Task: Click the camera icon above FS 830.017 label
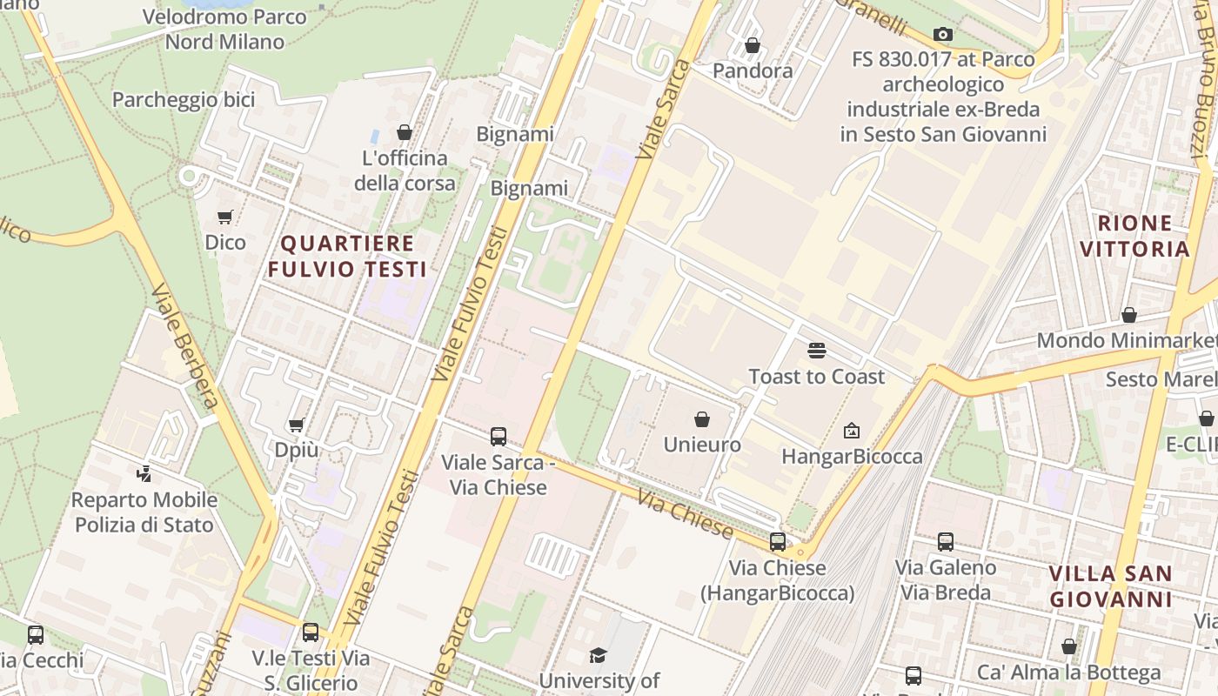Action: [x=942, y=35]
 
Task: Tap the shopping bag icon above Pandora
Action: [x=753, y=45]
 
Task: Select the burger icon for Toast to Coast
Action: [x=816, y=351]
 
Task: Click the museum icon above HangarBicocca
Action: [x=852, y=430]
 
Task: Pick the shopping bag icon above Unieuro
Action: [x=702, y=419]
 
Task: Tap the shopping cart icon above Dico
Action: [x=225, y=217]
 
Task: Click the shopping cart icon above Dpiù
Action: [x=296, y=425]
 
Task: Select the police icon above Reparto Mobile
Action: [x=144, y=474]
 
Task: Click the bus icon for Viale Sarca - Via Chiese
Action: [x=499, y=437]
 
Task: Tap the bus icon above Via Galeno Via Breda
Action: [x=946, y=542]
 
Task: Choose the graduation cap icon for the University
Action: [x=598, y=655]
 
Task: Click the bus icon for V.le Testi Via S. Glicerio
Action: [x=311, y=632]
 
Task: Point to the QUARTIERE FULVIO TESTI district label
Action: [x=347, y=256]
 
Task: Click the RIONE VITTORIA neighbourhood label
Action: [x=1134, y=236]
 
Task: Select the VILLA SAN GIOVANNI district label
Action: [x=1110, y=586]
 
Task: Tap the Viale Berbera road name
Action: [x=184, y=345]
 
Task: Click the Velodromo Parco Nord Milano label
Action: [x=224, y=29]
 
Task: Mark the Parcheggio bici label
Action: [x=184, y=100]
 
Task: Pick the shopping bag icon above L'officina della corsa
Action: [x=405, y=132]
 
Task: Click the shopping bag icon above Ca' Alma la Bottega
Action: [x=1069, y=646]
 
